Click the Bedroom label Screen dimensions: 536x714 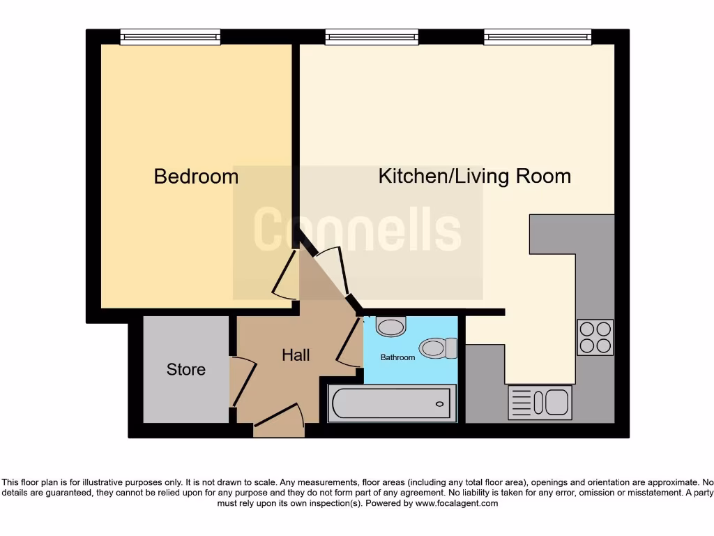click(196, 177)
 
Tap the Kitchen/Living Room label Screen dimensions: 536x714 click(474, 177)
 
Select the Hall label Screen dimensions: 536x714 click(296, 355)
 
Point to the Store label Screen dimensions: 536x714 click(185, 369)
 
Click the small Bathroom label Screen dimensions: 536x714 click(397, 357)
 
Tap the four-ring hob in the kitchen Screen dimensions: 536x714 click(595, 337)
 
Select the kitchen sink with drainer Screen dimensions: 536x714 click(540, 403)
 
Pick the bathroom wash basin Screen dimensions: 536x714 click(390, 326)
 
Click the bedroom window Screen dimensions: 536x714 click(170, 37)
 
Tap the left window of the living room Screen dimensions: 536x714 click(372, 37)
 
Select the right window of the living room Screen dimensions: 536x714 click(538, 37)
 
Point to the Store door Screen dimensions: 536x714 click(243, 382)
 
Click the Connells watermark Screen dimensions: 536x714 click(357, 231)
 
